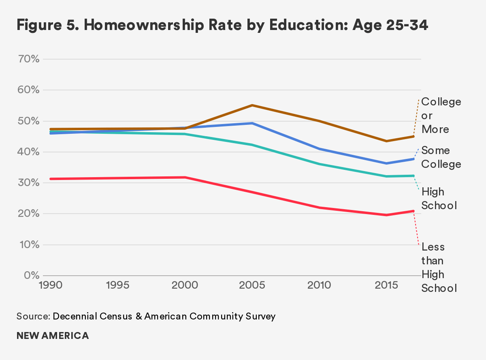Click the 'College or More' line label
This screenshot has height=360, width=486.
point(441,116)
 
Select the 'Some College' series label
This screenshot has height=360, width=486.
point(441,157)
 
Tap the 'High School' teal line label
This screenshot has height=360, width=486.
point(439,199)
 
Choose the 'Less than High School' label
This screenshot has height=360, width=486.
point(439,268)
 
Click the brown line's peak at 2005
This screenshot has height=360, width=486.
point(252,105)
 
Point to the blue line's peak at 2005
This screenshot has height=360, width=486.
point(252,123)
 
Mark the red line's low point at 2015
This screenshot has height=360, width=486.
point(386,215)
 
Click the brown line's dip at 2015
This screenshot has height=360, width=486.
point(386,141)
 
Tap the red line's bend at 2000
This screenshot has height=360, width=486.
point(185,177)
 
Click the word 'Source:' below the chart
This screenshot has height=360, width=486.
point(34,316)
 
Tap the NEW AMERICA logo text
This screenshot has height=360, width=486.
point(53,336)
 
